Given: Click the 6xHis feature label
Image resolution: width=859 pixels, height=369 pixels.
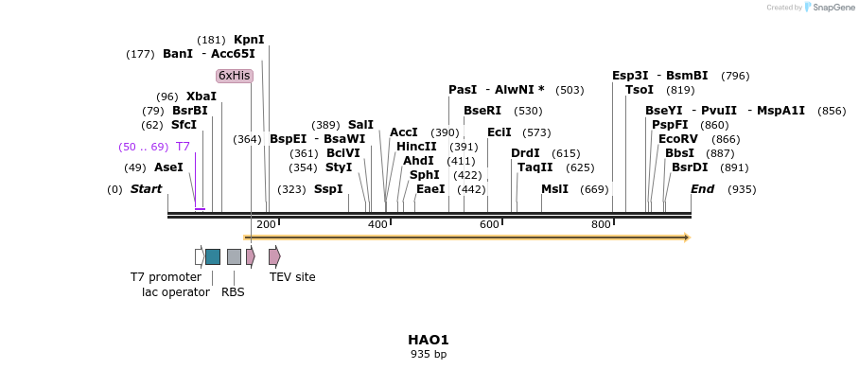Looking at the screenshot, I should (235, 76).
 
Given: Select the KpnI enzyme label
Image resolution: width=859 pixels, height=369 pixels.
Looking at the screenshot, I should (249, 40).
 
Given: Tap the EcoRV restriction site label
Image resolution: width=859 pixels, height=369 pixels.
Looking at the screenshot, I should (678, 139).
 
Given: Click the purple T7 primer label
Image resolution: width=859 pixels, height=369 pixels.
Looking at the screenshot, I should (183, 147).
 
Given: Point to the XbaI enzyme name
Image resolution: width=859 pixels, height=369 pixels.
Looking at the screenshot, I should (202, 97).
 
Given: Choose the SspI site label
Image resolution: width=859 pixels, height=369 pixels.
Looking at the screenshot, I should (328, 189).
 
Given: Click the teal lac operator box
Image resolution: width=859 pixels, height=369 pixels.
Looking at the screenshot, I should (213, 256).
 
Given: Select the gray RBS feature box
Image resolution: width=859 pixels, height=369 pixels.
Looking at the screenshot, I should (234, 256).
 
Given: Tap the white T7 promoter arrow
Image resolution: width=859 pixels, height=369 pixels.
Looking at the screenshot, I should (199, 256).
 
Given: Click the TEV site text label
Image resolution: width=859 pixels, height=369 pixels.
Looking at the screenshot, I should (292, 277).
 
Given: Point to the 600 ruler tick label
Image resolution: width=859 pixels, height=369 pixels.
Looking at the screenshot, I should (489, 224).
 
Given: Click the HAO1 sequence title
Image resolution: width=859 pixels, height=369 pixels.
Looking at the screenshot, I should (429, 340).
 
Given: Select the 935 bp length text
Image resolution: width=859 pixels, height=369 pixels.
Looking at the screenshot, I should (429, 355).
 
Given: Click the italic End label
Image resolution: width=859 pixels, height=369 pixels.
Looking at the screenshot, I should (703, 189).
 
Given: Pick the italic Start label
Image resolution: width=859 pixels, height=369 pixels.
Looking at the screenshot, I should (146, 189).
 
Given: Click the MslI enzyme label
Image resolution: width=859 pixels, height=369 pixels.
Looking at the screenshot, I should (555, 189).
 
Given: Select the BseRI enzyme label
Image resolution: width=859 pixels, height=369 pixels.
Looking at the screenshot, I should (482, 111).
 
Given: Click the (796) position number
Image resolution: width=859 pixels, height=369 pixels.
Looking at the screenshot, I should (735, 76).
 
